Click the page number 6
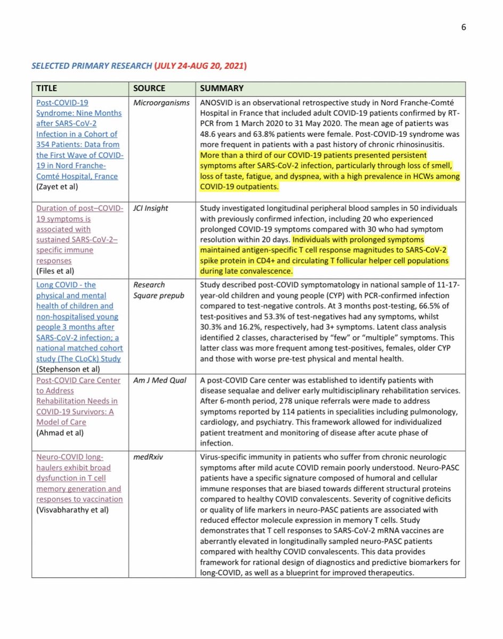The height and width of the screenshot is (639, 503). [x=464, y=28]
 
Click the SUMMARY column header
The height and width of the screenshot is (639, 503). [x=222, y=88]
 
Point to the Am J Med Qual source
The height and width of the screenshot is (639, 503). [x=158, y=380]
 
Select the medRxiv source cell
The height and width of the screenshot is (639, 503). [x=148, y=456]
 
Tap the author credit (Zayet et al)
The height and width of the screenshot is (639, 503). [x=59, y=187]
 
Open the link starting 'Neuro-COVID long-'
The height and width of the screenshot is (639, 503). [x=70, y=456]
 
